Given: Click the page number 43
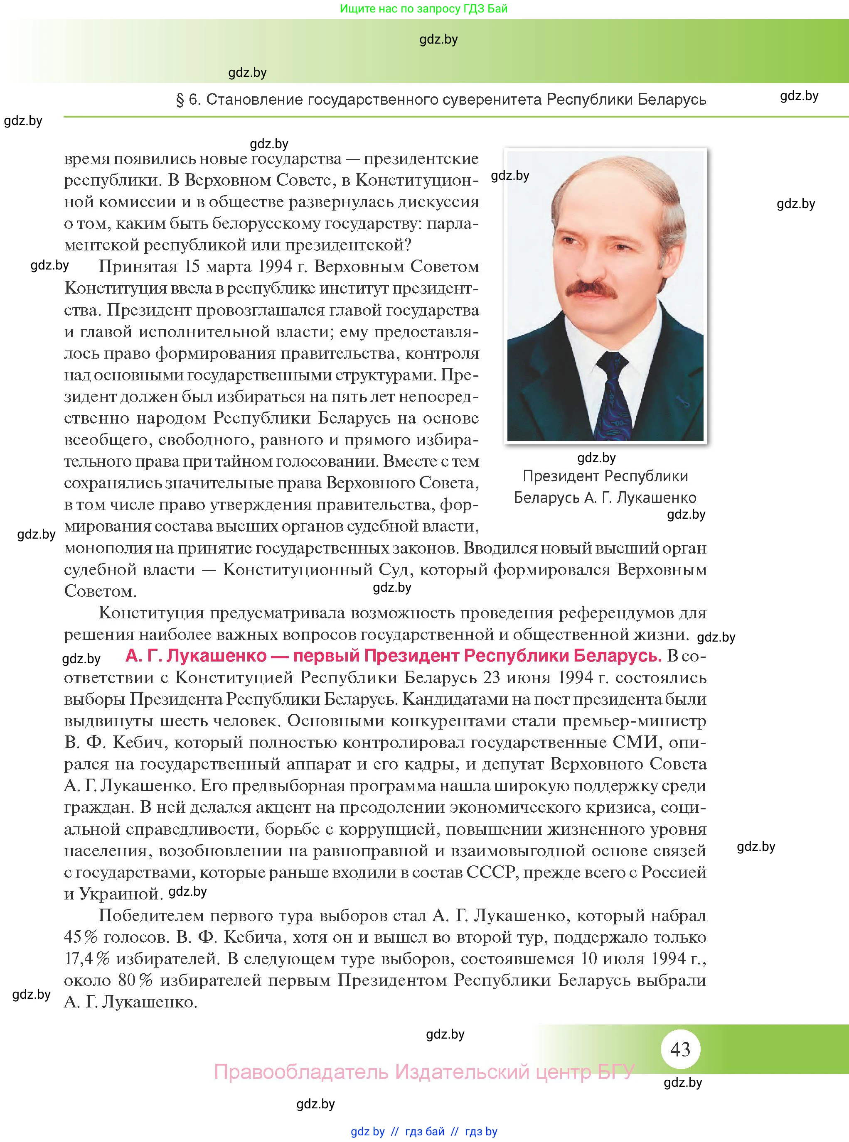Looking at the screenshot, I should [680, 1049].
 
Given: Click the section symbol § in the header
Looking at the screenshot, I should [180, 100].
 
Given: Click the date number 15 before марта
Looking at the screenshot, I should [192, 267].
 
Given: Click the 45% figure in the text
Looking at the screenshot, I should [81, 937].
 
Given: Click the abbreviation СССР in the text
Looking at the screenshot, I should [490, 872].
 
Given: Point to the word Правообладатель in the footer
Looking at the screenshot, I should [301, 1072].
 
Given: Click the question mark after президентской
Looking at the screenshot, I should [408, 245].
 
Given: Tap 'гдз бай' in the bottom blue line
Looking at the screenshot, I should [425, 1132].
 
